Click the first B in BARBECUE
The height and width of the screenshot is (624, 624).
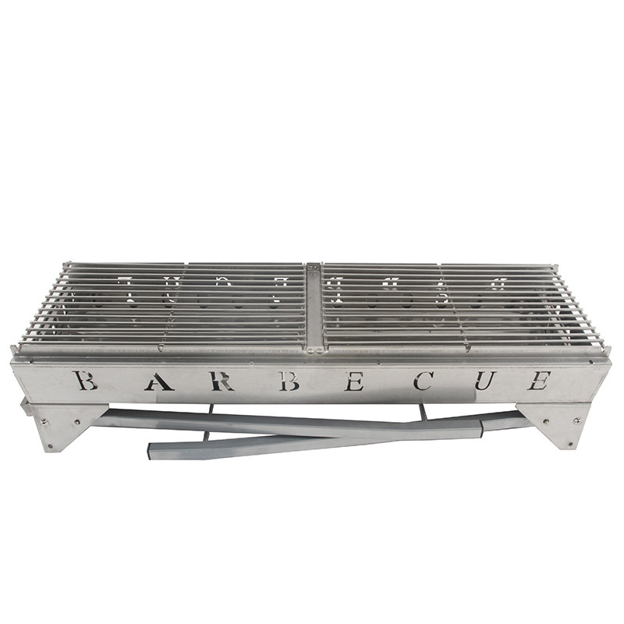click(x=84, y=380)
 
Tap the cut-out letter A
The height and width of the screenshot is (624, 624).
click(x=159, y=381)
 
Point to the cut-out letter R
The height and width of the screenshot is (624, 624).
click(x=222, y=381)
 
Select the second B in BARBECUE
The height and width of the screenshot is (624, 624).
click(x=289, y=381)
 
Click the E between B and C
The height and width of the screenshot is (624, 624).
click(x=353, y=381)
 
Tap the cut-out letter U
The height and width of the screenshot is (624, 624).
click(x=485, y=381)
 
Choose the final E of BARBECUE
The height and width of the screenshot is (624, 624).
click(x=539, y=381)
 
